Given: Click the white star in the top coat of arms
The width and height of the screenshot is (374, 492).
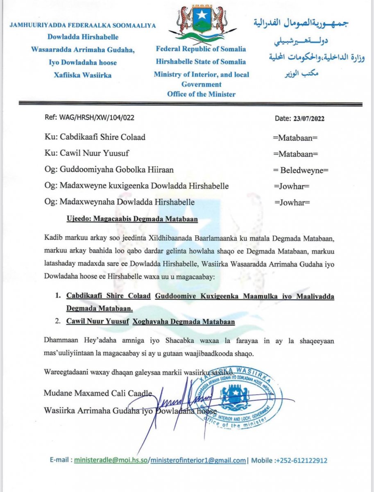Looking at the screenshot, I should tap(202, 15).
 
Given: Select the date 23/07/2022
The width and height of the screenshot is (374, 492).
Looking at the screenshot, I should tap(309, 118).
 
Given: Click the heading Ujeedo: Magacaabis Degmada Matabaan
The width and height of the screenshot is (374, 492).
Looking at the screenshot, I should tap(132, 219).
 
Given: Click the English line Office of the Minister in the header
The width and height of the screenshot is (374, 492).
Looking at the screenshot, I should tap(201, 94).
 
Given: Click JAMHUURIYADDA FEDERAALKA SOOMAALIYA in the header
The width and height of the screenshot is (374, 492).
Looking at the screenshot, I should tap(82, 25).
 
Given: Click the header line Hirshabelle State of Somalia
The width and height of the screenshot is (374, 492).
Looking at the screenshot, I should tap(201, 62).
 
